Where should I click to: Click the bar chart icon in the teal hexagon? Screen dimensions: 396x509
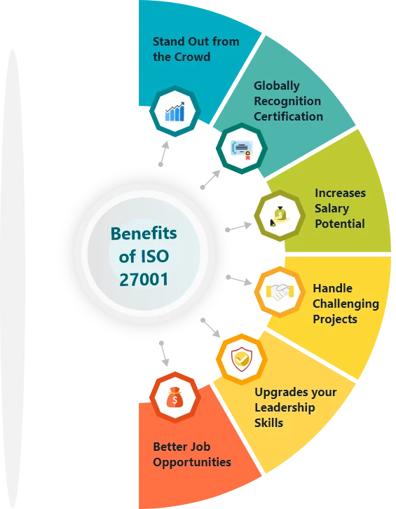point(175,111)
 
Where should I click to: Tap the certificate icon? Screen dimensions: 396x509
point(242,149)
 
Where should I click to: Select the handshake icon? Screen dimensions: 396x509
point(280,292)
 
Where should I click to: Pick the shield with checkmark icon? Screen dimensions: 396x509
point(242,359)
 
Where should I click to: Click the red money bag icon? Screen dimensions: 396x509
point(175,398)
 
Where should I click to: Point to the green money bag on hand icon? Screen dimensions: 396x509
point(280,216)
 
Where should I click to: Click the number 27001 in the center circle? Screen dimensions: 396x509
point(144,280)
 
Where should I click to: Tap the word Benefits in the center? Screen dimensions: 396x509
point(144,233)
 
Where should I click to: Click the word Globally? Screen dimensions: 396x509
point(277,86)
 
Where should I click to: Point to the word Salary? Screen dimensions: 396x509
point(332,208)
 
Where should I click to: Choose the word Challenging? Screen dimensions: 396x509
point(346,304)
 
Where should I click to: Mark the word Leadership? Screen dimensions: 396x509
point(285,407)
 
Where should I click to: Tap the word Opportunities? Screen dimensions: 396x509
point(192,462)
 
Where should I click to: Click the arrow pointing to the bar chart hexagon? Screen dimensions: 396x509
point(165,153)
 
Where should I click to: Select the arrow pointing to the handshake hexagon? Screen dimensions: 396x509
point(240,281)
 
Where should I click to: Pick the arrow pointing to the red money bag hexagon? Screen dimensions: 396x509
point(165,354)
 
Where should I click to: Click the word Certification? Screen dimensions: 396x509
point(288,116)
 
